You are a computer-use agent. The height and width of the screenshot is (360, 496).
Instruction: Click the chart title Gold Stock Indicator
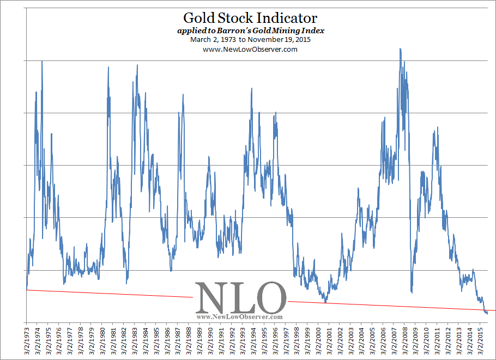coord(250,19)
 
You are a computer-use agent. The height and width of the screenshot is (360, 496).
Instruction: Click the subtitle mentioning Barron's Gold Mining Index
coord(251,30)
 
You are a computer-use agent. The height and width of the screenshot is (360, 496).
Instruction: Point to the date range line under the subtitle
coord(251,40)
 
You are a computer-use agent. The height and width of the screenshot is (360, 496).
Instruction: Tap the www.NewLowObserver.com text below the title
coord(250,49)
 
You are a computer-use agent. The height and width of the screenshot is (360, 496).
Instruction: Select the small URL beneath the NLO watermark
coord(239,316)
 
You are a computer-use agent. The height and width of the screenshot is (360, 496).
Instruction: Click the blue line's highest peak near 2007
coord(401,49)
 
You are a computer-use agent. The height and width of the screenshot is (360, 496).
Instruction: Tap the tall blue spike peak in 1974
coord(42,62)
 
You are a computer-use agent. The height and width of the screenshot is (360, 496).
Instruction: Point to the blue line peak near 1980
coord(108,68)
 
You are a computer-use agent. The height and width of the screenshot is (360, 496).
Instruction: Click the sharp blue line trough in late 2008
coord(411,292)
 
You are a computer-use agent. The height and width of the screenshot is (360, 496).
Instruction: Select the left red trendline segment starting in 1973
coord(109,294)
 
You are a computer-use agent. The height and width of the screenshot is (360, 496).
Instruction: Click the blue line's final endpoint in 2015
coord(487,313)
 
